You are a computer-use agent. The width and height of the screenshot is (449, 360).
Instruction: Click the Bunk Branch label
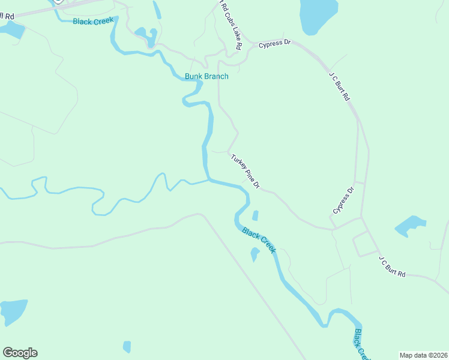point(206,76)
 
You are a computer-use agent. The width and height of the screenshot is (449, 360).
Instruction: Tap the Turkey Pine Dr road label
point(245,171)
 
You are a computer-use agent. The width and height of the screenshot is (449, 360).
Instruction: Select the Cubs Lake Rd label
point(232,26)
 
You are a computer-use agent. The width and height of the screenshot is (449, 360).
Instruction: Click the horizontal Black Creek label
point(92,22)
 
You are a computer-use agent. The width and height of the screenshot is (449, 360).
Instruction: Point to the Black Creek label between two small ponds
point(259,240)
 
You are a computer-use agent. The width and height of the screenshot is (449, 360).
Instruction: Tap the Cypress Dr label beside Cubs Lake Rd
point(274,43)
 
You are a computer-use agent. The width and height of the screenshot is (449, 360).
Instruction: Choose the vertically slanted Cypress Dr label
point(344,200)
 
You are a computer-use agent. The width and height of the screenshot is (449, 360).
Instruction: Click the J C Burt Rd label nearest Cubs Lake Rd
point(339,85)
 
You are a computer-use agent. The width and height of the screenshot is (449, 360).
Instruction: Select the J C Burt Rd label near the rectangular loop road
point(392,266)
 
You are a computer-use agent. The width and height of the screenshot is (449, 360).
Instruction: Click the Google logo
point(20,353)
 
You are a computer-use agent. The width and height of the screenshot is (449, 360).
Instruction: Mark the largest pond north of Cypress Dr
point(319,16)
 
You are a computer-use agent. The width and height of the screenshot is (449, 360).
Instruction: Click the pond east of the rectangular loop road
point(410,226)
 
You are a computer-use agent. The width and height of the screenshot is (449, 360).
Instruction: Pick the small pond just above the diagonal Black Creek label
point(255,215)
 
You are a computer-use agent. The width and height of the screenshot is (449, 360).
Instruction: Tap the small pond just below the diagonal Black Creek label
point(255,254)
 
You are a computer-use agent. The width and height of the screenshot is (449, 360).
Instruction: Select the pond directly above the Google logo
point(13,311)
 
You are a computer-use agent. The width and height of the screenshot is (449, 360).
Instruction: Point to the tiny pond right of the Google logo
point(127,346)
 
